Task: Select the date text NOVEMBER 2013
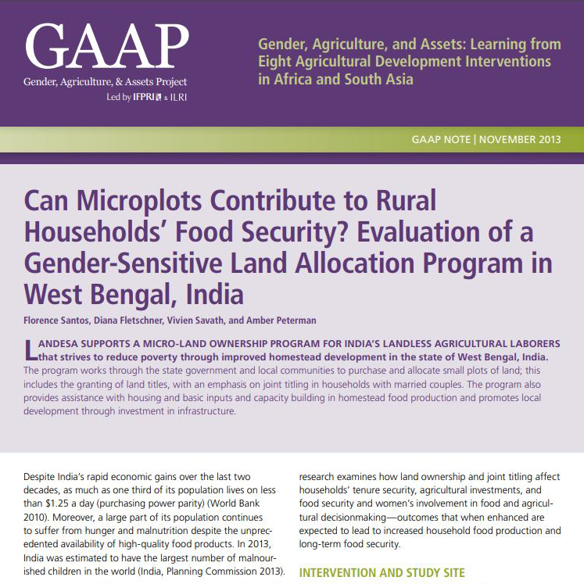520,140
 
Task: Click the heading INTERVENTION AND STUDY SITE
382,573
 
